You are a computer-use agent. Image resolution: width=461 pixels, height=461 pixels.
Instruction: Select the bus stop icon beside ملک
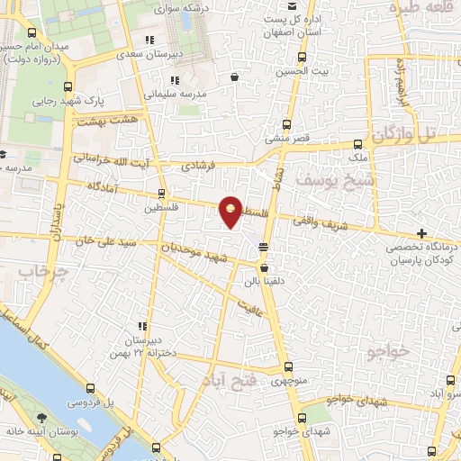358,143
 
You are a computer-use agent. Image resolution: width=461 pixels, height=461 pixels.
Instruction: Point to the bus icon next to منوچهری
288,367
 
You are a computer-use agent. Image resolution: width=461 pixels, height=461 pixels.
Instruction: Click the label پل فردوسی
93,401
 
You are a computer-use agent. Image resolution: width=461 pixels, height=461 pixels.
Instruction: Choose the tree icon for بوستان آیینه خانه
41,417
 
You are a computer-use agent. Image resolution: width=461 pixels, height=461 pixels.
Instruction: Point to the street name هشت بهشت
106,120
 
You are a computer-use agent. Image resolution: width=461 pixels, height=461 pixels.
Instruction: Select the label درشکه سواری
180,8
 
